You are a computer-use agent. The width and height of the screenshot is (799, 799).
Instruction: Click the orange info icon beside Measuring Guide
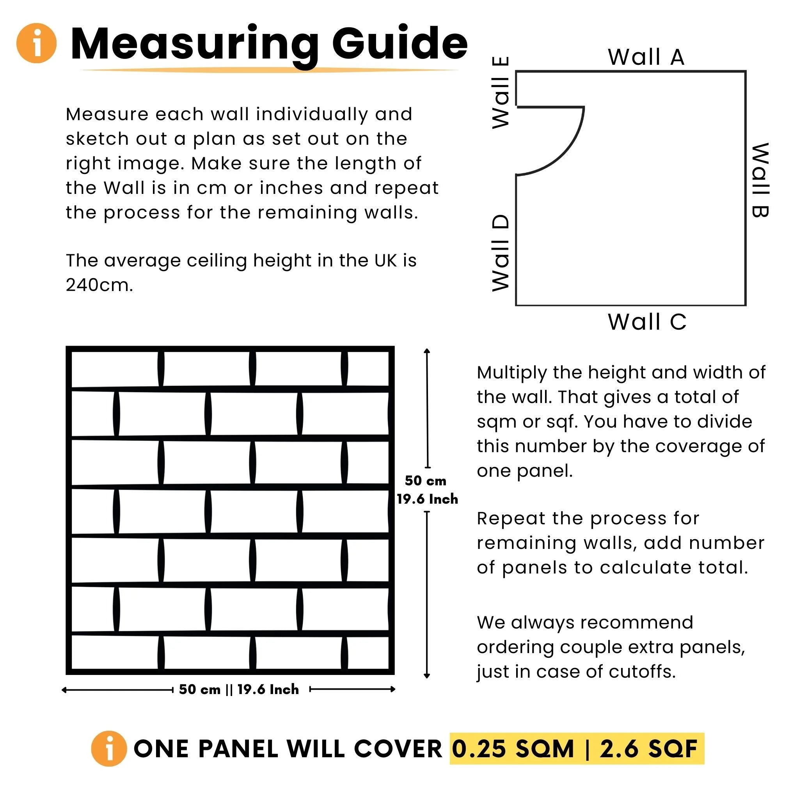click(x=36, y=43)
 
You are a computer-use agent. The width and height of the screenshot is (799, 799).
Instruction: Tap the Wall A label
click(x=646, y=57)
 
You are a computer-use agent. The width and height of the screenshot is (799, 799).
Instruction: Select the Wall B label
click(x=760, y=180)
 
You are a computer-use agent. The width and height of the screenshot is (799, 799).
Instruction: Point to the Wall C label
click(x=647, y=322)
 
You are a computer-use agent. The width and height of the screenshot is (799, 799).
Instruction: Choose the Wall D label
click(x=501, y=253)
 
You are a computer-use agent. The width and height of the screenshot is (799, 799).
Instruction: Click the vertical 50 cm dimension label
click(x=426, y=481)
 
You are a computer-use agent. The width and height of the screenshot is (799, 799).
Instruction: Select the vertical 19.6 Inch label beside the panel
click(x=427, y=499)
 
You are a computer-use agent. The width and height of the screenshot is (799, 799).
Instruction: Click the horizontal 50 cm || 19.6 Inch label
click(x=239, y=689)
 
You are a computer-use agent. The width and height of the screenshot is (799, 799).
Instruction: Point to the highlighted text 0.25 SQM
click(x=513, y=749)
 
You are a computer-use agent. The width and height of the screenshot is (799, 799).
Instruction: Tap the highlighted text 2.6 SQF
click(x=648, y=749)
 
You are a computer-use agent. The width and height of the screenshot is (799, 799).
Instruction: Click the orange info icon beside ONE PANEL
click(x=109, y=749)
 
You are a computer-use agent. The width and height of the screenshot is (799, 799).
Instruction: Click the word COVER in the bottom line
click(x=398, y=749)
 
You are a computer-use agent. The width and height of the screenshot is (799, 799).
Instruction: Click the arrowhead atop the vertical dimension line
click(x=427, y=351)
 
